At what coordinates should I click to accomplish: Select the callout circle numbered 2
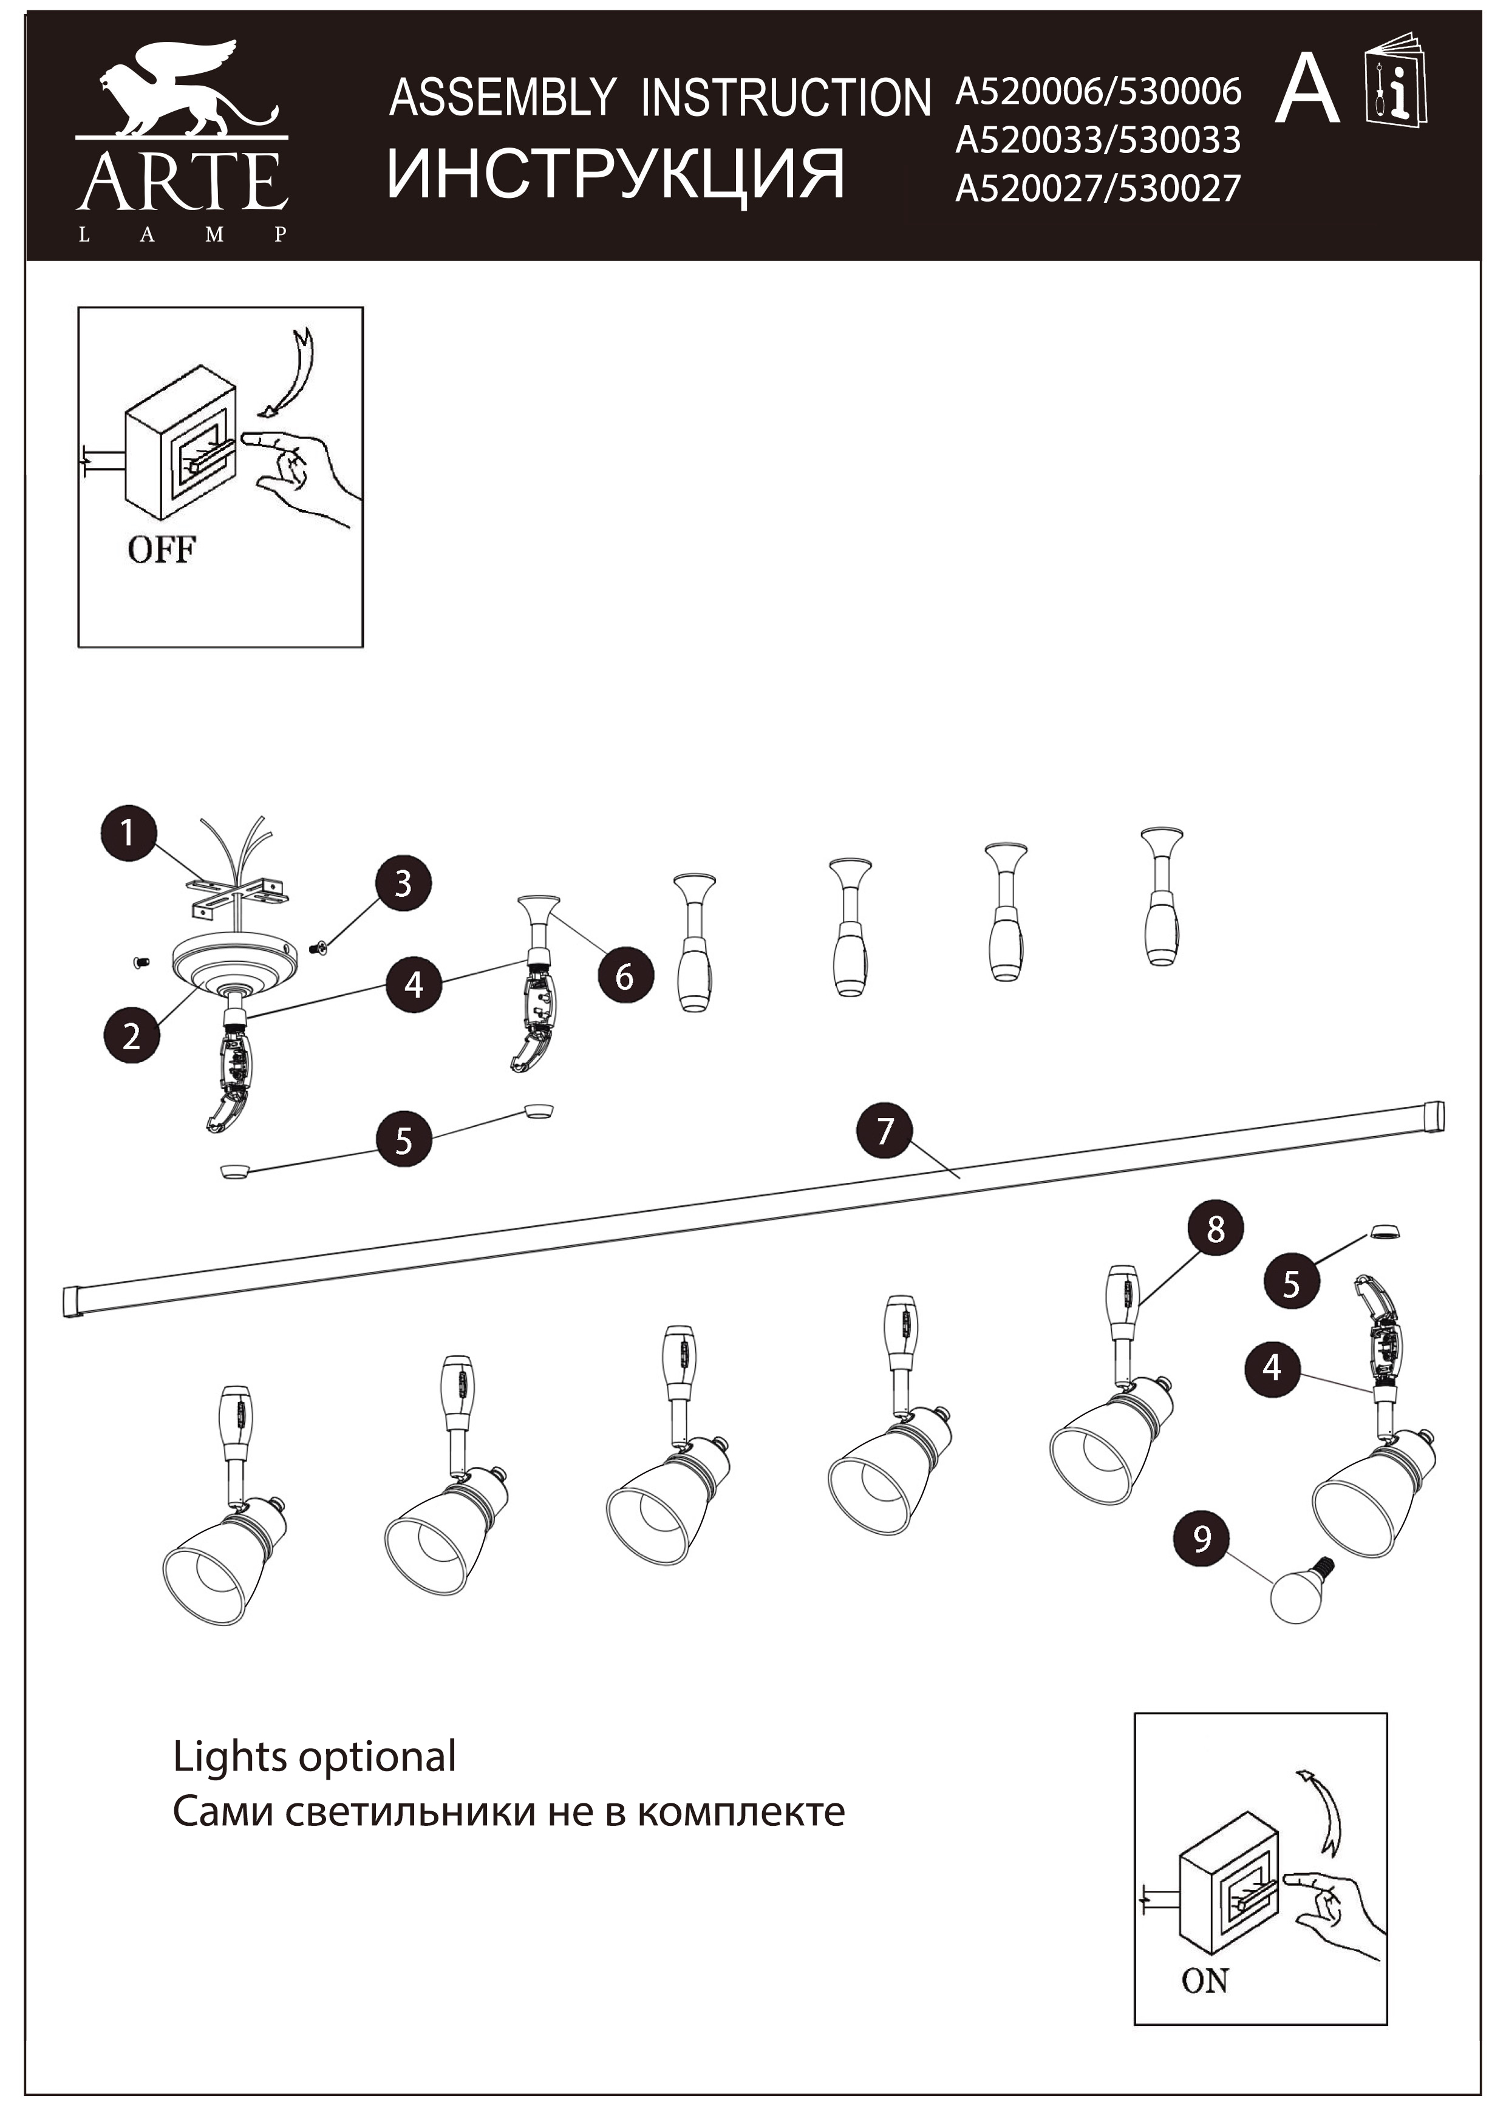[x=131, y=1035]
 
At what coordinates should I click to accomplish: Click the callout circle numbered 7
[x=885, y=1130]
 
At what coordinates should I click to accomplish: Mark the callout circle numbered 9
[x=1202, y=1538]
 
